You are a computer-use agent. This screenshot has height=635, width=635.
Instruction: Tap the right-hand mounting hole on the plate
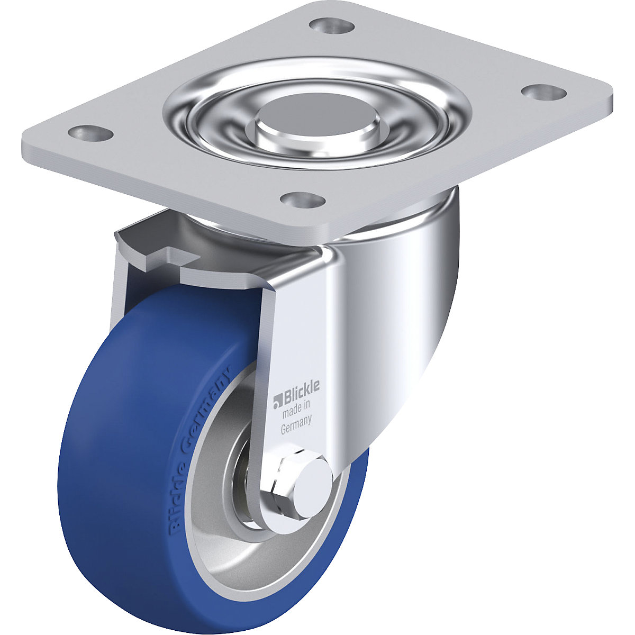point(545,92)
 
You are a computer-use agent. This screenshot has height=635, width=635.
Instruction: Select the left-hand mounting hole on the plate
point(90,133)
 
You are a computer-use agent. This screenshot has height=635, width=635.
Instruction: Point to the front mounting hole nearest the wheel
point(303,200)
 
